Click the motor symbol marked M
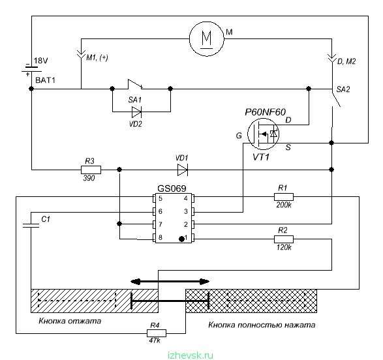click(207, 38)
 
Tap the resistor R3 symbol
click(91, 170)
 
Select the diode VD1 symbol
click(183, 170)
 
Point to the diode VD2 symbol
click(136, 112)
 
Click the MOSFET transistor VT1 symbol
click(263, 134)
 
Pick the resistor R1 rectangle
click(284, 197)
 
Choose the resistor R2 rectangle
click(284, 239)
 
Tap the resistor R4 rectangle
click(157, 333)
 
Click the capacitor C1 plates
click(31, 225)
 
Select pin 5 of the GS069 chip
click(154, 198)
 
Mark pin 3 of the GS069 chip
click(192, 211)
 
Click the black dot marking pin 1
click(181, 239)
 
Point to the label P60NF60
click(266, 112)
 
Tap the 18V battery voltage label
click(41, 61)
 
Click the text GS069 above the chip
click(172, 188)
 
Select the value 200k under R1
click(284, 205)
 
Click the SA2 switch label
click(343, 89)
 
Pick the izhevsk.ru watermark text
click(191, 355)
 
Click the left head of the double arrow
click(135, 282)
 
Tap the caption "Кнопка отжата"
click(70, 320)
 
